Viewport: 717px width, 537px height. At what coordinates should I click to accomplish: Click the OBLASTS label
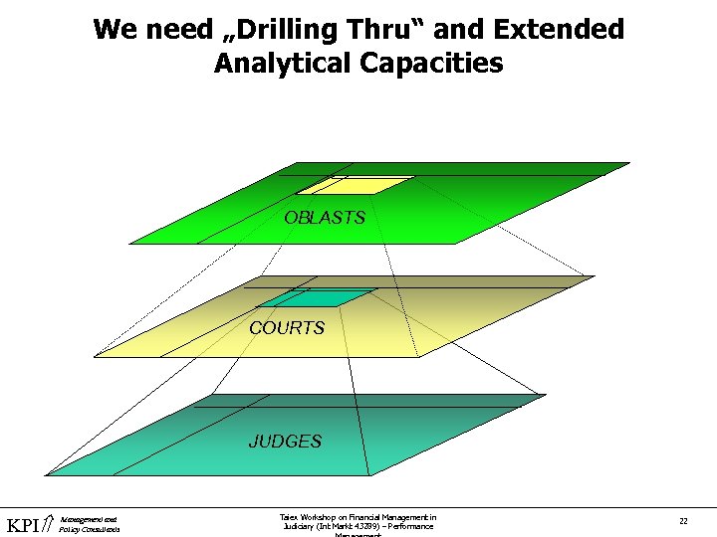tap(325, 218)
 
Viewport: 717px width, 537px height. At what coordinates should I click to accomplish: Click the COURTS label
tap(287, 328)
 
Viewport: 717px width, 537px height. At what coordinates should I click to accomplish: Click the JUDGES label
tap(285, 442)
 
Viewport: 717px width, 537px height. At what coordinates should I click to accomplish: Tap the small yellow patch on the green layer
tap(355, 185)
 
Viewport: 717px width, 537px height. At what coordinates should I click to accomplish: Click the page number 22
tap(683, 521)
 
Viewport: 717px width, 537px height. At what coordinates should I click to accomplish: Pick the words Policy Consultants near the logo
tap(90, 530)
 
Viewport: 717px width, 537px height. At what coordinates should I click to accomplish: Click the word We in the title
tap(112, 30)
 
